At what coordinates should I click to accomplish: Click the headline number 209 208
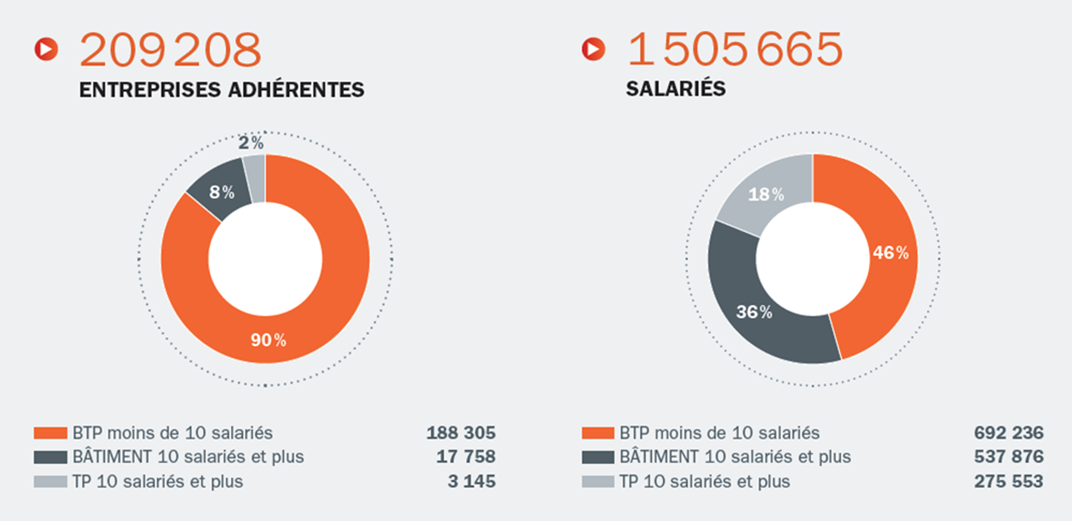point(170,50)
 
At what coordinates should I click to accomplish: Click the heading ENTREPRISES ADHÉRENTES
point(222,90)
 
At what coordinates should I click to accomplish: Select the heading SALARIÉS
point(675,89)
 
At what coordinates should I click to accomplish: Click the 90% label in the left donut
point(268,340)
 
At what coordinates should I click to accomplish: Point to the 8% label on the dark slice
point(222,192)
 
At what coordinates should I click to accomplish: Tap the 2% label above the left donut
point(251,143)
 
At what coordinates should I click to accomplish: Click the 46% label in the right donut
point(890,253)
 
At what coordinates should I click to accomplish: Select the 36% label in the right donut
point(754,312)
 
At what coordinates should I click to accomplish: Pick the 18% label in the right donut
point(766,195)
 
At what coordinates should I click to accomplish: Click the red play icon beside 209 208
point(46,49)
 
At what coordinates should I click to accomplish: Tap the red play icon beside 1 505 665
point(593,49)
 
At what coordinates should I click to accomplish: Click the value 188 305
point(460,433)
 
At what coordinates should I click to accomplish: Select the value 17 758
point(465,457)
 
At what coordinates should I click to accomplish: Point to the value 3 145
point(471,481)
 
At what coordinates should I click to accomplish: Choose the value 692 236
point(1009,433)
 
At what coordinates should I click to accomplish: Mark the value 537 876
point(1009,457)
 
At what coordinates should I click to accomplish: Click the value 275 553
point(1009,481)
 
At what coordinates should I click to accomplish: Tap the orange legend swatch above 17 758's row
point(50,433)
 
